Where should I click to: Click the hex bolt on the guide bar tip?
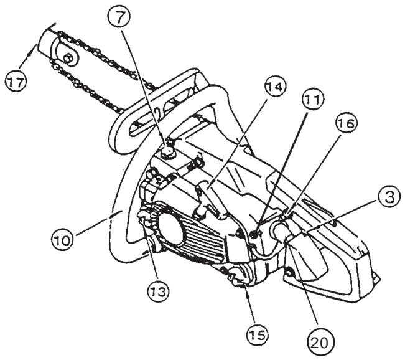(70, 58)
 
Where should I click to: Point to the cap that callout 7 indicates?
(168, 149)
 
